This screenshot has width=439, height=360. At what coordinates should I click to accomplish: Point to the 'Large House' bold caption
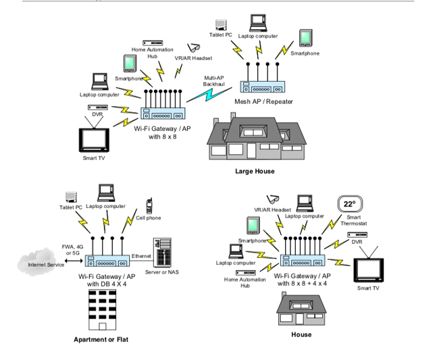[255, 172]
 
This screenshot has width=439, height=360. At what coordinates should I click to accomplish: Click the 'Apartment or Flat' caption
[101, 339]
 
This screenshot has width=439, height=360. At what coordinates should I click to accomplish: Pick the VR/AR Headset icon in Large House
[193, 48]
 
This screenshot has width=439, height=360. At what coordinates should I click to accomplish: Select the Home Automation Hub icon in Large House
[153, 43]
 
